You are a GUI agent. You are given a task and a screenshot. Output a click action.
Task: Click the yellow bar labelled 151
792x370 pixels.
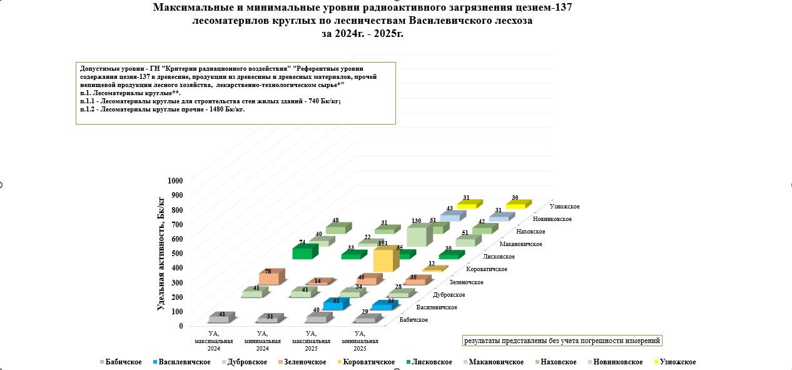click(386, 259)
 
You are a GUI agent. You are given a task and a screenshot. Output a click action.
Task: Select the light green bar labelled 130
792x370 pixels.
click(420, 235)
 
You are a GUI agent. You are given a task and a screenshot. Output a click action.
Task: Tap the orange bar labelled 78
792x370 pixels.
click(272, 277)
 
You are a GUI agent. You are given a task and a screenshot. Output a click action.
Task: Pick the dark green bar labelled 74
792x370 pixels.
click(305, 252)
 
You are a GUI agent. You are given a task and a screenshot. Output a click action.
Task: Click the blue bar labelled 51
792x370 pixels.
click(336, 304)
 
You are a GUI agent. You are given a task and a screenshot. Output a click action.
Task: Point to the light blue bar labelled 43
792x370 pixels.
click(453, 216)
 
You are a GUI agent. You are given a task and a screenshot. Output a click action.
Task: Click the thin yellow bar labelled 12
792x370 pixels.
click(435, 269)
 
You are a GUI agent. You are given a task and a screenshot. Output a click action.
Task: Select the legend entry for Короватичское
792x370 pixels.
click(366, 362)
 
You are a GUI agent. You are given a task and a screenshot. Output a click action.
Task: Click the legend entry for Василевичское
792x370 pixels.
click(182, 362)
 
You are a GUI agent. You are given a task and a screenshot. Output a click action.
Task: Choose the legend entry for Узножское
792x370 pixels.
click(675, 362)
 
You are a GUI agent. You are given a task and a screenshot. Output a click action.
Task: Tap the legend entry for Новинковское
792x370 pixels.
click(615, 362)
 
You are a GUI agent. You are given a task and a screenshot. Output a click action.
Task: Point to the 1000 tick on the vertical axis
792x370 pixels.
click(175, 181)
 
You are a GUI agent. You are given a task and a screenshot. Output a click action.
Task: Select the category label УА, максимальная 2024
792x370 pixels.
click(213, 341)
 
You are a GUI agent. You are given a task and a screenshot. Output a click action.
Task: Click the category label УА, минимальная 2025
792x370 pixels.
click(360, 341)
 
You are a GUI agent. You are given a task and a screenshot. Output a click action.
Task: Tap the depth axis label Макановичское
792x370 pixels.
click(520, 244)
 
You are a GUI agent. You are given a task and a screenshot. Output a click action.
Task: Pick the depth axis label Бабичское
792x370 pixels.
click(414, 320)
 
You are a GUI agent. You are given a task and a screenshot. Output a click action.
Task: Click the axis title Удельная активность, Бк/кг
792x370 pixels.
click(161, 254)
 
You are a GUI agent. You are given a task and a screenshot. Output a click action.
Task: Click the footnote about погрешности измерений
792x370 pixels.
click(562, 341)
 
